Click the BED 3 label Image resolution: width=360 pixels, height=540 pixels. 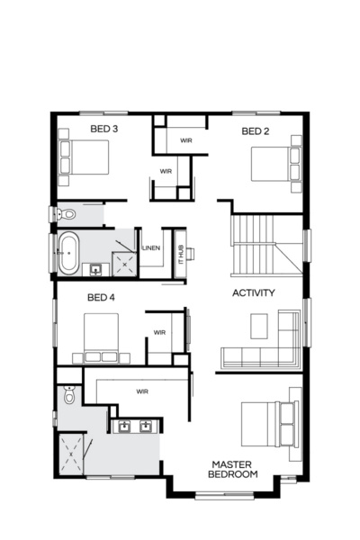(104, 130)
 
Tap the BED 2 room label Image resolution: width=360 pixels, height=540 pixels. (256, 131)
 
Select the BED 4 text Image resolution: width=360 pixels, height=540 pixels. (101, 297)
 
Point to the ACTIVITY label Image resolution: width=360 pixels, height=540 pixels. (254, 293)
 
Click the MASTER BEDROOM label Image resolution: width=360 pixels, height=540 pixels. (233, 469)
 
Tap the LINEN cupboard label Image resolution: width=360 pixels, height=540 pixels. (151, 248)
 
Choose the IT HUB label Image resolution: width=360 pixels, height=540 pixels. (180, 253)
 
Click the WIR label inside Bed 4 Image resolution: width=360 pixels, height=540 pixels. (159, 332)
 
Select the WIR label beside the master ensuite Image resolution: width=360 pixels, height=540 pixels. (142, 391)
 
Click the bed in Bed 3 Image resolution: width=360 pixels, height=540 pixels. (84, 158)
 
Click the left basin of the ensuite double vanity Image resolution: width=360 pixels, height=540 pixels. (124, 427)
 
